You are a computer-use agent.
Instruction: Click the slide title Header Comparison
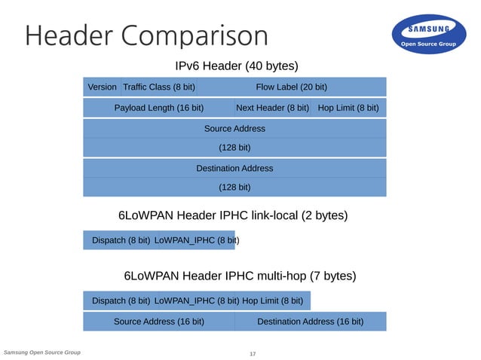[146, 35]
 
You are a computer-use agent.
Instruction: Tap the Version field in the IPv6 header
[102, 87]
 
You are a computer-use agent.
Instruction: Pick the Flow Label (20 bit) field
[291, 87]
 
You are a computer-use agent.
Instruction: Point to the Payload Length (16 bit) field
[158, 108]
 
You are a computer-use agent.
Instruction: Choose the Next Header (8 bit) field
[272, 108]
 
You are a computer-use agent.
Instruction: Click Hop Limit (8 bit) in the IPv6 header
[348, 108]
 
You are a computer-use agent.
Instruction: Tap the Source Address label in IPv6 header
[234, 129]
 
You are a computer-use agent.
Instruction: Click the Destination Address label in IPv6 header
[234, 169]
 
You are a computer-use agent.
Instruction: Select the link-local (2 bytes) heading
[233, 216]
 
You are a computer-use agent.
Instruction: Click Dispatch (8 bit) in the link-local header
[121, 241]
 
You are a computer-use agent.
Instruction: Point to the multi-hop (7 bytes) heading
[240, 276]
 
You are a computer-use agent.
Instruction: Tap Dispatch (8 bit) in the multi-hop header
[121, 301]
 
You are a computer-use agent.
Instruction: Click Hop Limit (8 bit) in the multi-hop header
[272, 301]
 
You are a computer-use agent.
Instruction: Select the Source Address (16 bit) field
[158, 322]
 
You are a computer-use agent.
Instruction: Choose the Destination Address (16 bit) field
[310, 322]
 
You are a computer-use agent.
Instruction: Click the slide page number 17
[253, 354]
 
